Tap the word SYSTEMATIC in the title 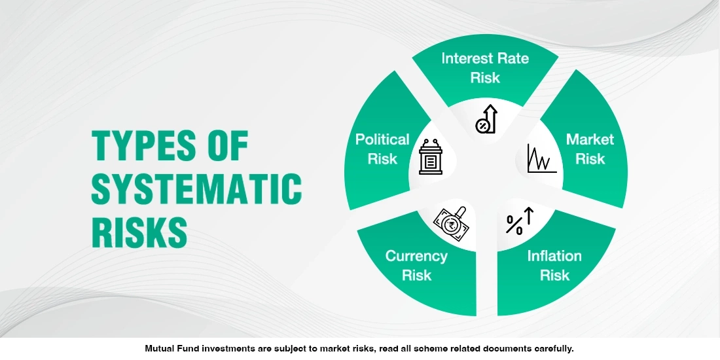coord(196,189)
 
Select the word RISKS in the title coord(139,231)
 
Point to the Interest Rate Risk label coord(485,67)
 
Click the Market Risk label coord(590,149)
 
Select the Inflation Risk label coord(554,265)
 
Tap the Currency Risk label coord(416,265)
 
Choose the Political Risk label coord(382,149)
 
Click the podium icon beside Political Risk coord(430,156)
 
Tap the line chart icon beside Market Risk coord(541,158)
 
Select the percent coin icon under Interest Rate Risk coord(486,119)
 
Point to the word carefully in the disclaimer coord(553,348)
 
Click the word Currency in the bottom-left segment coord(416,256)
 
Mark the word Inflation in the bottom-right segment coord(554,256)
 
